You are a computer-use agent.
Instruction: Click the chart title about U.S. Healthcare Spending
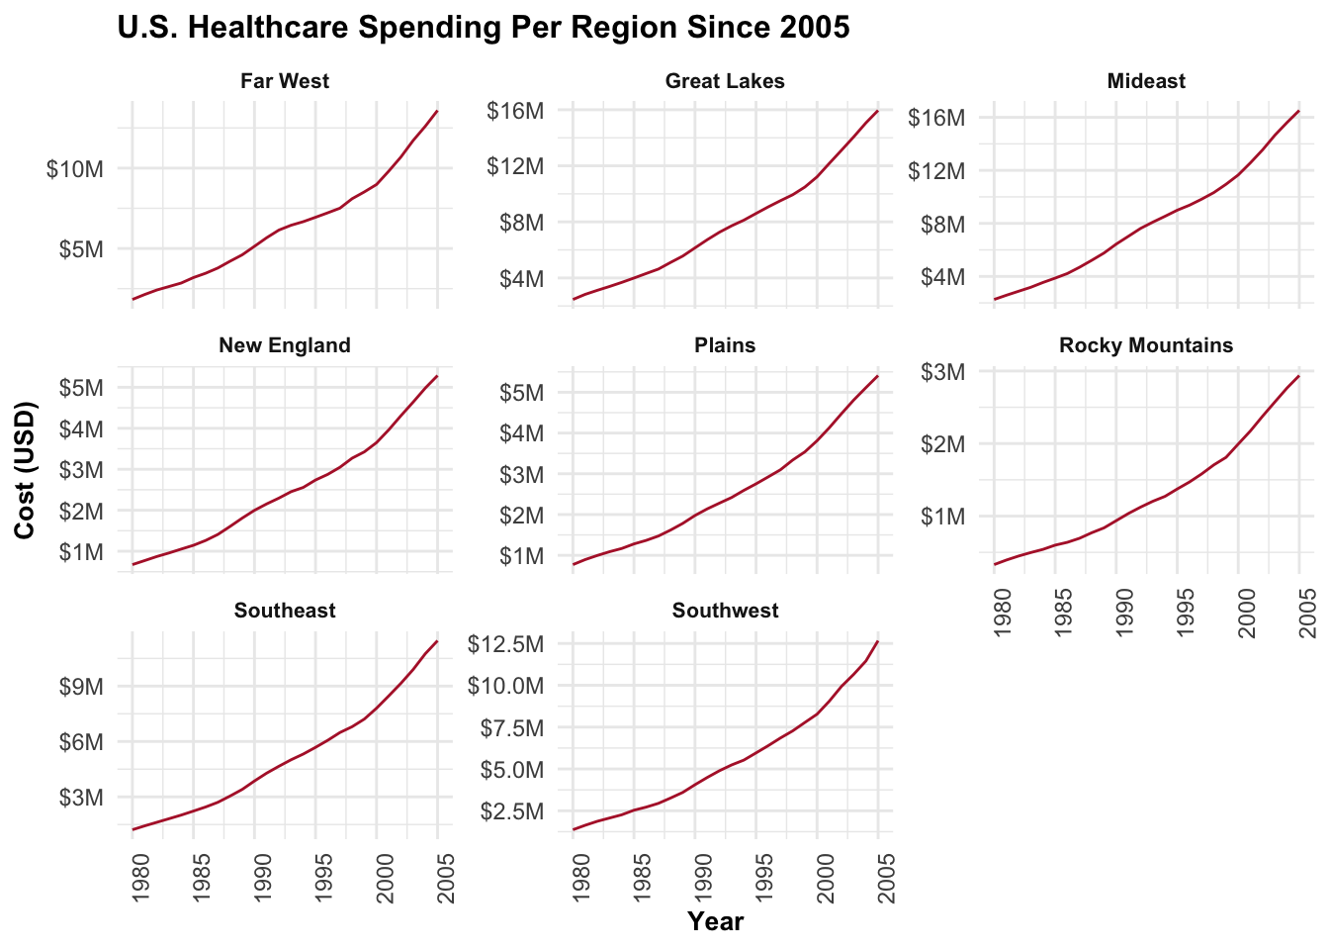pyautogui.click(x=483, y=28)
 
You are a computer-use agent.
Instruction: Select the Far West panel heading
pyautogui.click(x=285, y=81)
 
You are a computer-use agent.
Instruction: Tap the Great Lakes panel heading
pyautogui.click(x=725, y=81)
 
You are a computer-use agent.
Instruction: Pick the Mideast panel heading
pyautogui.click(x=1146, y=81)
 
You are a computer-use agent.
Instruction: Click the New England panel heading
pyautogui.click(x=285, y=345)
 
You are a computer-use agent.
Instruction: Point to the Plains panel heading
pyautogui.click(x=725, y=345)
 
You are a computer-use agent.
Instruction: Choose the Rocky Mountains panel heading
pyautogui.click(x=1146, y=345)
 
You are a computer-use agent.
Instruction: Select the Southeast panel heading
pyautogui.click(x=285, y=611)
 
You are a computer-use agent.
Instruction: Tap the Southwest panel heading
pyautogui.click(x=725, y=611)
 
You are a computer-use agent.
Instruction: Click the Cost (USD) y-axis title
pyautogui.click(x=26, y=470)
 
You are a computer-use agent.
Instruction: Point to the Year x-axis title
pyautogui.click(x=715, y=922)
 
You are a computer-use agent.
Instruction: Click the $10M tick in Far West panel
pyautogui.click(x=75, y=169)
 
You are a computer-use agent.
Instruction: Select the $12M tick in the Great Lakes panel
pyautogui.click(x=515, y=166)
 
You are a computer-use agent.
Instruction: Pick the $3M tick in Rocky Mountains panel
pyautogui.click(x=942, y=372)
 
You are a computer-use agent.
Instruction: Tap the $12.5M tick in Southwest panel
pyautogui.click(x=504, y=644)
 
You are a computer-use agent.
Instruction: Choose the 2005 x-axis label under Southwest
pyautogui.click(x=887, y=879)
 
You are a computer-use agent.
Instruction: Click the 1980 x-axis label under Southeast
pyautogui.click(x=140, y=879)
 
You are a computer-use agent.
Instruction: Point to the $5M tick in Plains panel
pyautogui.click(x=520, y=393)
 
